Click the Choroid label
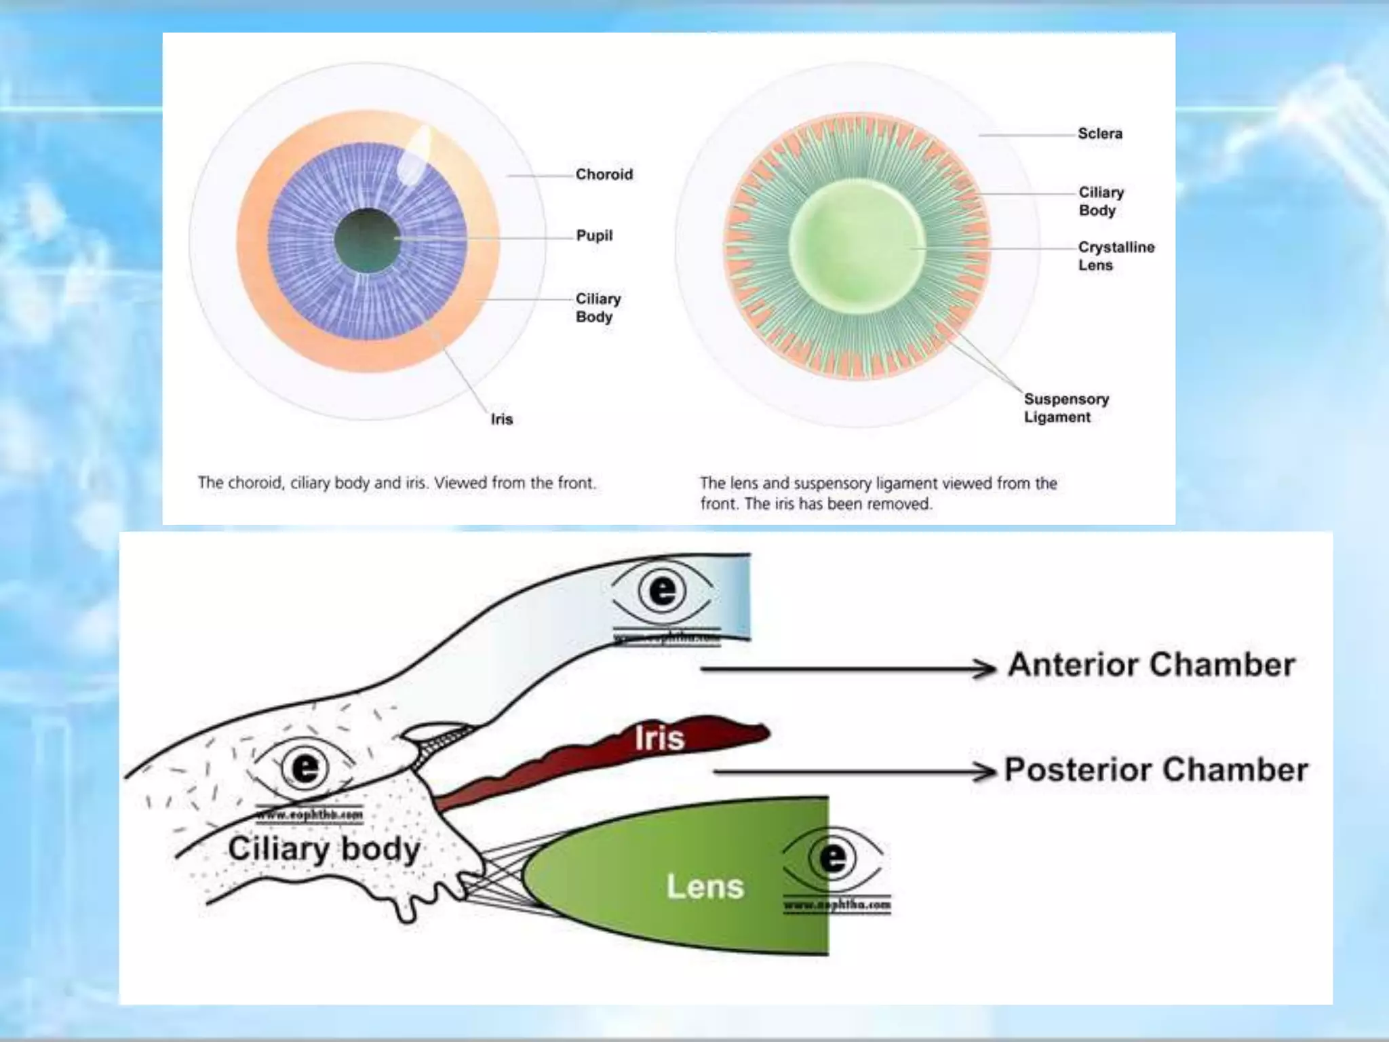tap(604, 174)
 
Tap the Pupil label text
tap(594, 235)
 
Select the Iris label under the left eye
tap(502, 419)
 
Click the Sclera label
tap(1099, 134)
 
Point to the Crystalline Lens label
tap(1116, 256)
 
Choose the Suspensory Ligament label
tap(1065, 408)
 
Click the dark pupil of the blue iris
tap(368, 240)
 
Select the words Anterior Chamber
tap(1151, 665)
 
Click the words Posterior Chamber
tap(1156, 770)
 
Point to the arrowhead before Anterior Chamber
tap(983, 668)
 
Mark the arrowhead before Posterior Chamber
tap(983, 771)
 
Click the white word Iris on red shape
tap(659, 738)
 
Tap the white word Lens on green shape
tap(705, 887)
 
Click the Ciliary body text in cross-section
tap(324, 849)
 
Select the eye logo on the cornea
tap(663, 592)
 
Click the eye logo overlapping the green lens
tap(833, 859)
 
